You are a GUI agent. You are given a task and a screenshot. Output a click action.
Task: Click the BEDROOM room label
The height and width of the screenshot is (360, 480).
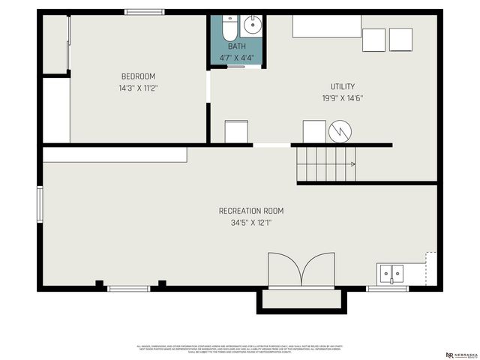pyautogui.click(x=138, y=76)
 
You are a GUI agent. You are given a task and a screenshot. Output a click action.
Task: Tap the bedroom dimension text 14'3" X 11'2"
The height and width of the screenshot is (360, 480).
pyautogui.click(x=138, y=88)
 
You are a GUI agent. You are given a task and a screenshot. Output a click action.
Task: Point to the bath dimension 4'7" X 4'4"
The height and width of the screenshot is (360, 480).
pyautogui.click(x=236, y=58)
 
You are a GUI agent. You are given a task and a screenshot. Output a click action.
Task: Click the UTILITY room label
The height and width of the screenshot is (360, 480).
pyautogui.click(x=343, y=86)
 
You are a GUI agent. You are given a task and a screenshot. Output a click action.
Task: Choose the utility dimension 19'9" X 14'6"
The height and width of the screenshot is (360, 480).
pyautogui.click(x=343, y=98)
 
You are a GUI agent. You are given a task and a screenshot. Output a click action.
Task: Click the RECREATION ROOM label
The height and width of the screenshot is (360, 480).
pyautogui.click(x=251, y=211)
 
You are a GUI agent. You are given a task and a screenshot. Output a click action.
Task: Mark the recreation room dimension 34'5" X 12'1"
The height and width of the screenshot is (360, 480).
pyautogui.click(x=251, y=223)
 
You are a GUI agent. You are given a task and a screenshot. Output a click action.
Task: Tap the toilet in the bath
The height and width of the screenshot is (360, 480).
pyautogui.click(x=229, y=28)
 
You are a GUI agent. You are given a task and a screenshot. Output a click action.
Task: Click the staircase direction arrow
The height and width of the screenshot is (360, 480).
pyautogui.click(x=351, y=163)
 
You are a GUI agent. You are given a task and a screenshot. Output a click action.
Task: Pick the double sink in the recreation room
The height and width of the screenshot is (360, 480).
pyautogui.click(x=390, y=274)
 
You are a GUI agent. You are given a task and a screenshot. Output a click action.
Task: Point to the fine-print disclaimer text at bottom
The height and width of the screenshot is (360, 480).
pyautogui.click(x=240, y=349)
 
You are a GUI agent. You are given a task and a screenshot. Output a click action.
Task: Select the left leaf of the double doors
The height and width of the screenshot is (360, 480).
pyautogui.click(x=285, y=270)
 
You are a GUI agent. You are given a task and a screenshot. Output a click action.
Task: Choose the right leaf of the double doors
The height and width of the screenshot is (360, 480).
pyautogui.click(x=318, y=270)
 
